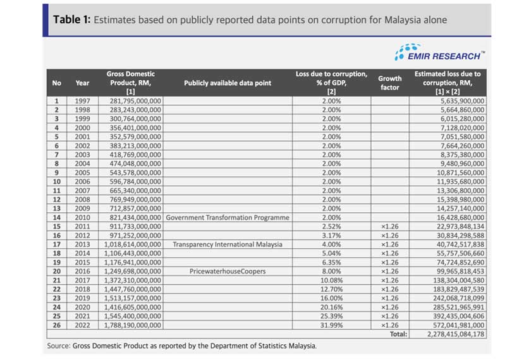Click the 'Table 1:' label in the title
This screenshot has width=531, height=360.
(x=71, y=20)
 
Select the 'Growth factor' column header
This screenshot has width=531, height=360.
(x=390, y=83)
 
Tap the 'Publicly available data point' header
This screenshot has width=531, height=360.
(x=228, y=83)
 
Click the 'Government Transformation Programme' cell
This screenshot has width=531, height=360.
(x=228, y=217)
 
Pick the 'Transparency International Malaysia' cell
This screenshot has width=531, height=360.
(x=228, y=244)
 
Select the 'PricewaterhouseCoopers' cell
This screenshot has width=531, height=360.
(x=228, y=271)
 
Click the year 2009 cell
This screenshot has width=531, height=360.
(x=82, y=208)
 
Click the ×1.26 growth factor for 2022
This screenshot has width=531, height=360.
(x=390, y=325)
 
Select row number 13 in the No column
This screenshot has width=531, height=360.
(x=57, y=208)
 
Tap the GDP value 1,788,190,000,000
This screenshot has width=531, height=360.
(x=131, y=325)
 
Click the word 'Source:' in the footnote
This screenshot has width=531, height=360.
(x=59, y=346)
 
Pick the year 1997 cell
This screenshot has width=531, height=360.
(x=82, y=100)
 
